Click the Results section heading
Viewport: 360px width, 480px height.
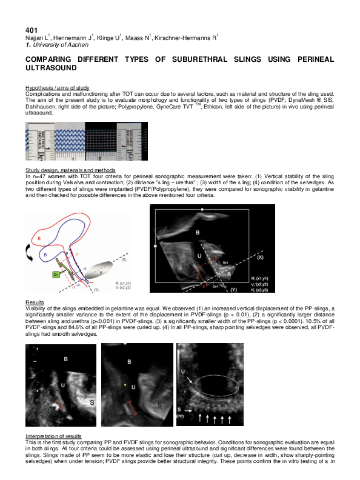(x=34, y=302)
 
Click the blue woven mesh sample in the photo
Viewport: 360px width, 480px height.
(x=63, y=141)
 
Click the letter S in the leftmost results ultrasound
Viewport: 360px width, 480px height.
(x=92, y=402)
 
